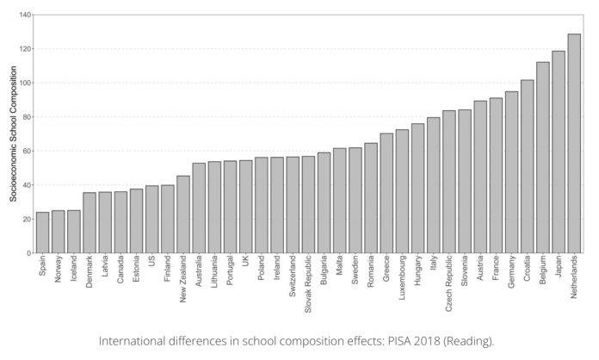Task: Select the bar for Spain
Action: [x=42, y=233]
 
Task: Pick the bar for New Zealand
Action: [x=183, y=214]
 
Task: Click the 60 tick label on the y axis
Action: [x=27, y=151]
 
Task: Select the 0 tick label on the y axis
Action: [x=28, y=253]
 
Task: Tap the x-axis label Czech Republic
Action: [x=449, y=282]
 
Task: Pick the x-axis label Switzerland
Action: [x=293, y=277]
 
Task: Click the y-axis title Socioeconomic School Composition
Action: [x=13, y=133]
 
